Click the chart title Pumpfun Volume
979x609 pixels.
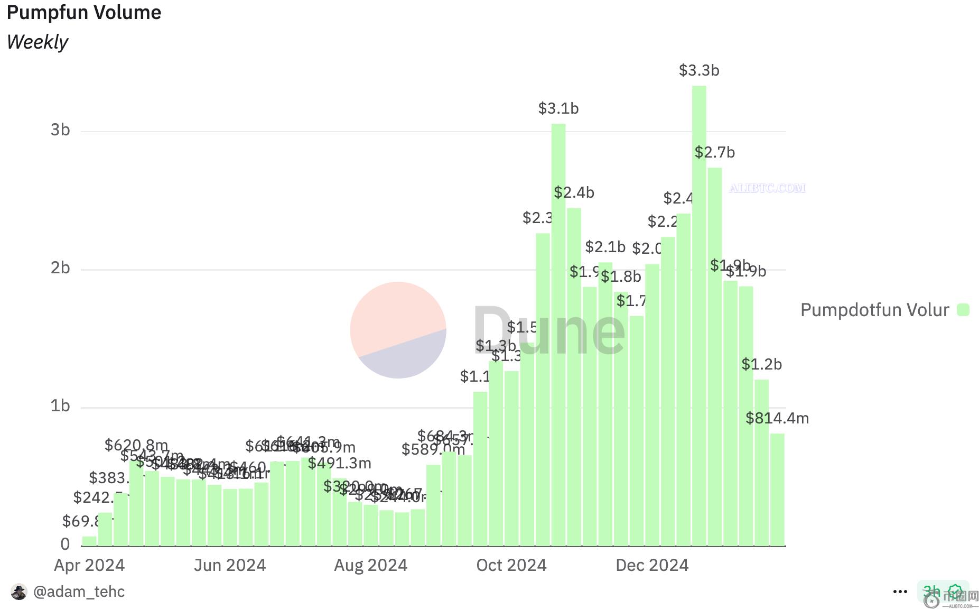(84, 12)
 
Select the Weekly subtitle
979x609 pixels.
(38, 42)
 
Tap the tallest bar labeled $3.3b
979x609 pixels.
(699, 317)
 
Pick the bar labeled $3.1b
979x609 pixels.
(558, 333)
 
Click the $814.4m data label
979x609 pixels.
(777, 418)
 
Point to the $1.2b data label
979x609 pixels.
(761, 364)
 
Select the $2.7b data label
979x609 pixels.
(714, 152)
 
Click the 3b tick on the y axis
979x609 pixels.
(60, 130)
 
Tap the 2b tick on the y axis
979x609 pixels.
(60, 269)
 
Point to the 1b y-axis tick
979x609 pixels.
(60, 406)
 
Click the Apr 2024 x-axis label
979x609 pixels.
(89, 565)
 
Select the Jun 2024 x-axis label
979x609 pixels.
(230, 565)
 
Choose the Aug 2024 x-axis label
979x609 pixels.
(370, 565)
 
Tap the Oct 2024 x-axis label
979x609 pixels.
(511, 565)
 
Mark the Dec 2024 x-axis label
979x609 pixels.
(652, 565)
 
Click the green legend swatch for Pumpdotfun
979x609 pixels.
(963, 310)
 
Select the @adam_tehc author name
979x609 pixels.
(79, 592)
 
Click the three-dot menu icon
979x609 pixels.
(900, 592)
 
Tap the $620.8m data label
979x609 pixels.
(136, 445)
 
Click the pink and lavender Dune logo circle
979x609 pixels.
(398, 330)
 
